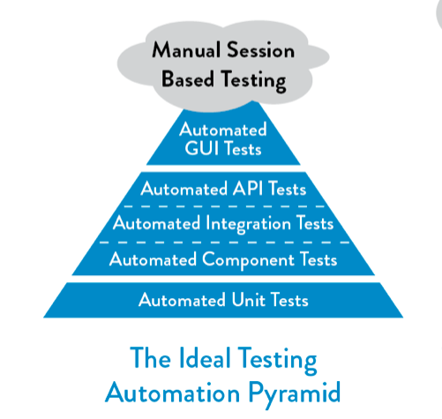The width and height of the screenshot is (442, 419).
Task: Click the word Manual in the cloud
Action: tap(186, 49)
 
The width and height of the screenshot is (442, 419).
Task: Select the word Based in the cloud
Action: tap(188, 79)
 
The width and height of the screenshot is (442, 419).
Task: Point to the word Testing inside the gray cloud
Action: tap(253, 80)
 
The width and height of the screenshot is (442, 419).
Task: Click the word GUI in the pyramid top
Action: tap(202, 148)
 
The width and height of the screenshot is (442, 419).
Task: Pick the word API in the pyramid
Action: tap(248, 188)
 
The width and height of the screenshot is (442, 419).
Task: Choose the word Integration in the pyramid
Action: tap(249, 224)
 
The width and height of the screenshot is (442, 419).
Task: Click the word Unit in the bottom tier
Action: tap(249, 300)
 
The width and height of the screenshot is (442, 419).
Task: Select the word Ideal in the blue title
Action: tap(205, 357)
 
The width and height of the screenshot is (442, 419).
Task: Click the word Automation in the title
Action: tap(173, 393)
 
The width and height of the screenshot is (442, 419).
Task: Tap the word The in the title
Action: tap(150, 357)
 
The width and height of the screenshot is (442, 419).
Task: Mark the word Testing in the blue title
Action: tap(277, 359)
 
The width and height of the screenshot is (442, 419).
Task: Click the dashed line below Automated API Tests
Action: tap(224, 206)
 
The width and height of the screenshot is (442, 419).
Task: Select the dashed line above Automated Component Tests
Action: tap(224, 243)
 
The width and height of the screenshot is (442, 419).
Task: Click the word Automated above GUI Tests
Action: tap(223, 130)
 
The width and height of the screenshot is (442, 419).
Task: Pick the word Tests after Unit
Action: tap(289, 300)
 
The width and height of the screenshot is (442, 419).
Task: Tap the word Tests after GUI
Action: tap(243, 148)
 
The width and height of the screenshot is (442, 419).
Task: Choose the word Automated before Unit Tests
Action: tap(182, 300)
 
